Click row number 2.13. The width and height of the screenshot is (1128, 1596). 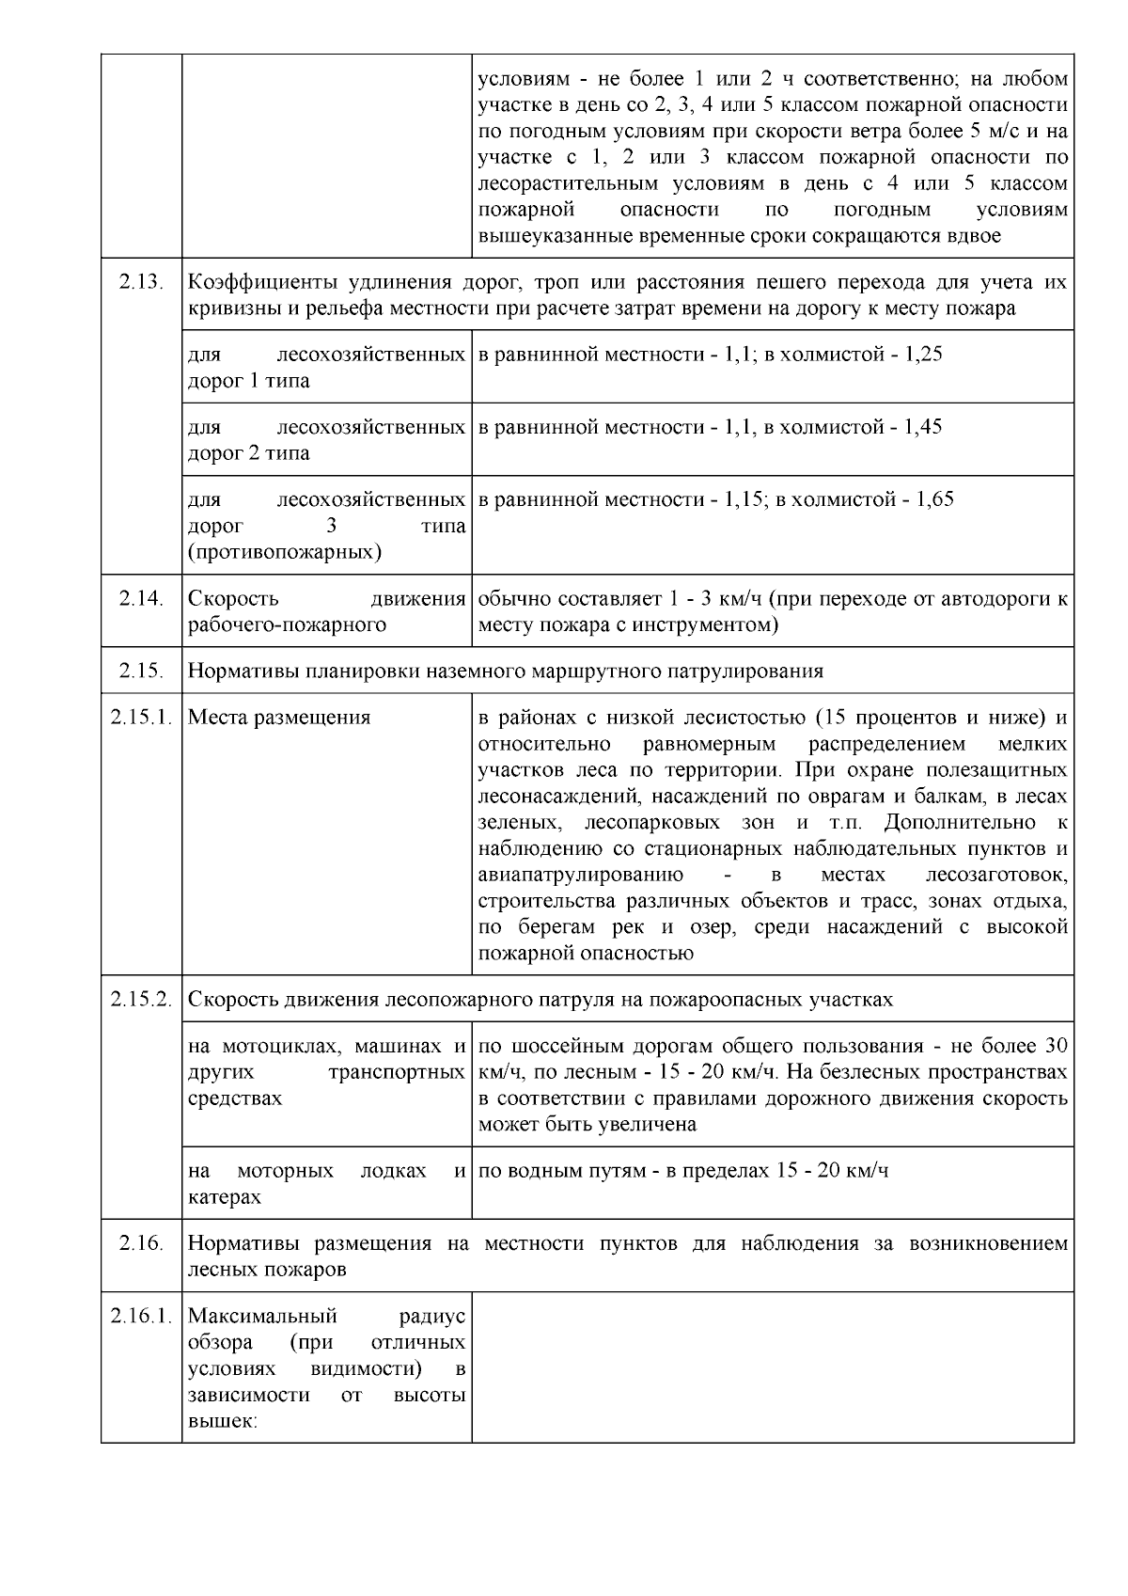coord(142,282)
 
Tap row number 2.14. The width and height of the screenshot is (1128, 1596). coord(142,598)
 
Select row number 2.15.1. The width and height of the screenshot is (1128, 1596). coord(141,718)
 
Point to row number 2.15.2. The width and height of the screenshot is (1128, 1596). coord(141,1000)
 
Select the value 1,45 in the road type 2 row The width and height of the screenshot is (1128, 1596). coord(922,427)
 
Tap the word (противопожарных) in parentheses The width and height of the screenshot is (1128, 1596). coord(284,552)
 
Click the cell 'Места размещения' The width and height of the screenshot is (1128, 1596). coord(279,718)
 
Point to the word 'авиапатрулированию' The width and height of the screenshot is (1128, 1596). coord(580,876)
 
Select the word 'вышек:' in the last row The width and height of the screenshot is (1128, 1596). coord(223,1422)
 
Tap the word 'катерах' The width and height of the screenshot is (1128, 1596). coord(225,1198)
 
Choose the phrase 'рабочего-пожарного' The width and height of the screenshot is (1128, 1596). coord(287,624)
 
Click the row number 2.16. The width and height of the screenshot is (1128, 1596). coord(142,1243)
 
